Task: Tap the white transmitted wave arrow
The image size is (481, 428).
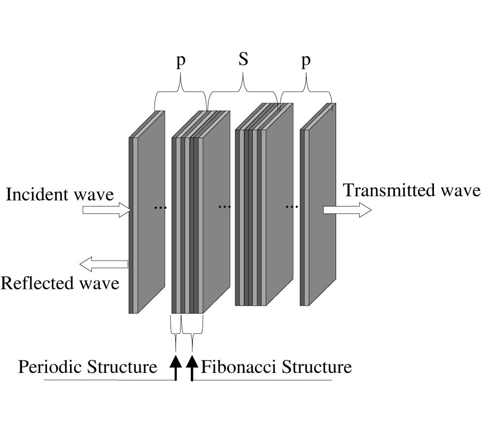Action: tap(347, 210)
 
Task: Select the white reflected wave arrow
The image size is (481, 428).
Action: tap(104, 263)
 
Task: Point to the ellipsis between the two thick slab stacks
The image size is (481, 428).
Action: tap(224, 207)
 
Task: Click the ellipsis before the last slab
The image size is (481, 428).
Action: tap(291, 207)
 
